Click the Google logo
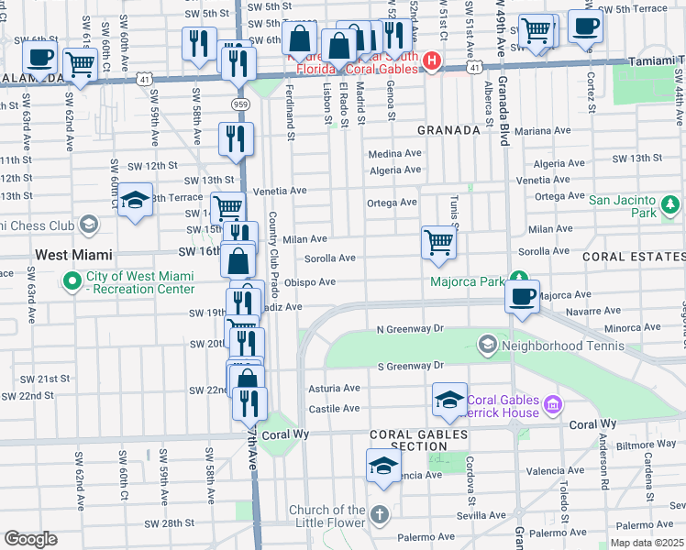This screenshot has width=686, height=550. coord(30,539)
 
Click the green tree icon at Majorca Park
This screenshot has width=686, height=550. coord(518,277)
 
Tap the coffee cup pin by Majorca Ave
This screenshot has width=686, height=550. coord(522,297)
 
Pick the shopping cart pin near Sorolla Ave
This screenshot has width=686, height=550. coord(439,243)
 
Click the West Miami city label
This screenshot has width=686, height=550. coord(73,254)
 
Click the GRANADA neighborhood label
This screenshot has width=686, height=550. coord(449,130)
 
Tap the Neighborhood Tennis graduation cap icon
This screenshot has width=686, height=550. coord(487,345)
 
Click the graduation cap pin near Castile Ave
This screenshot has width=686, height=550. coord(450,399)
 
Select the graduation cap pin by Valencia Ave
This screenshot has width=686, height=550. coord(383,465)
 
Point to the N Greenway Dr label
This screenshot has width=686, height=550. coord(410,328)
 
